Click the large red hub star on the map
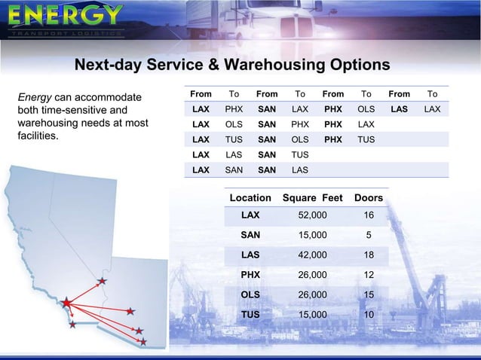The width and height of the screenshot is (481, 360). tap(67, 303)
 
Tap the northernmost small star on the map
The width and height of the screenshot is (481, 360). tap(102, 282)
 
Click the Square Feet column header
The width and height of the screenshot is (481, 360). tap(311, 198)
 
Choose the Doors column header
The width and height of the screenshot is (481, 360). tap(368, 198)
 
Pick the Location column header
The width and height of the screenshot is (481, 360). tap(250, 198)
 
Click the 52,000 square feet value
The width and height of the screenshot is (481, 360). tap(313, 215)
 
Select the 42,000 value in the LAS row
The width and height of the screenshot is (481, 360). tap(313, 255)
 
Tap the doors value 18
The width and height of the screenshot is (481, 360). tap(368, 255)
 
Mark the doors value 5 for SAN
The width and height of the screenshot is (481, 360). tap(368, 234)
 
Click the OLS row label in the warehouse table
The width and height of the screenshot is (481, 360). tap(250, 294)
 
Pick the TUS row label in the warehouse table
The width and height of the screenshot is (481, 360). tap(250, 314)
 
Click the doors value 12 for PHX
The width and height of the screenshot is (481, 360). tap(368, 274)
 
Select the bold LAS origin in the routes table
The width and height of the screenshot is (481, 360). tap(399, 109)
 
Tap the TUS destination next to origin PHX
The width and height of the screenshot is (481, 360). tap(366, 139)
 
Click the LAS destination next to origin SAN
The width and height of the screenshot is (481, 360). tap(300, 169)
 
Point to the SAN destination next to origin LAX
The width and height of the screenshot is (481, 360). tap(234, 169)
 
